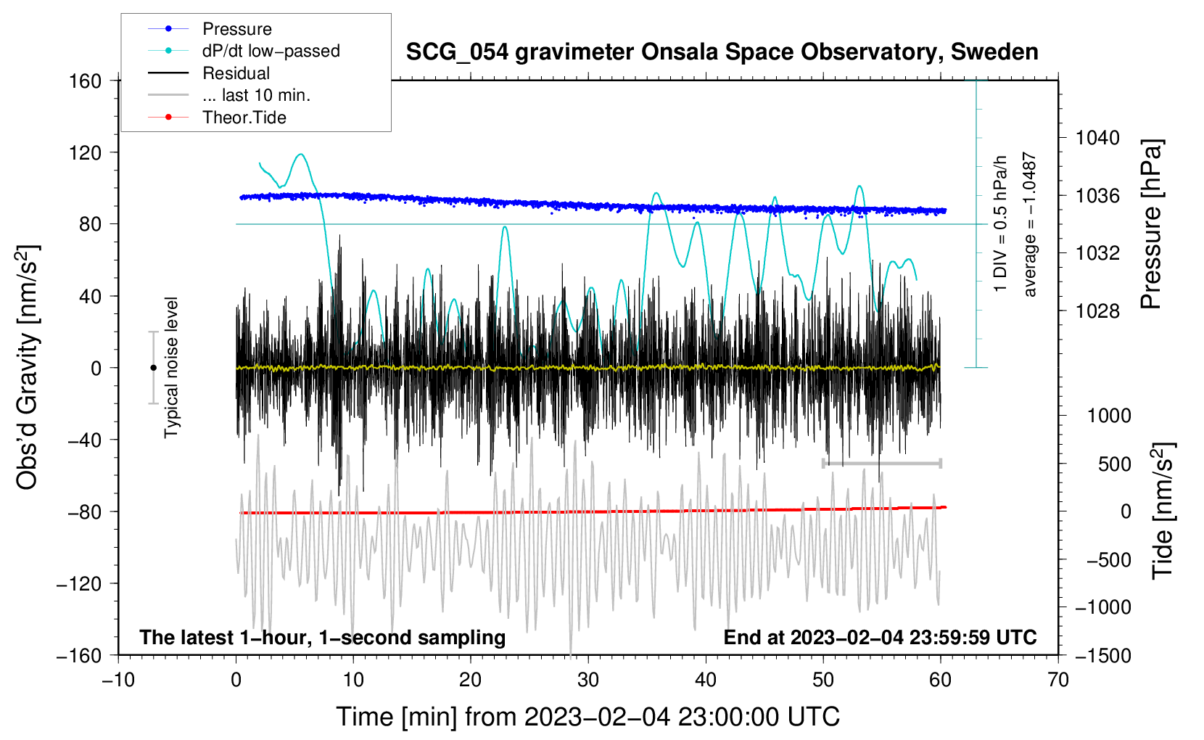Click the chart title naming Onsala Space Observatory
coord(722,52)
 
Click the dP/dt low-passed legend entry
coord(271,51)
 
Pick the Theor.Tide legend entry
coord(244,118)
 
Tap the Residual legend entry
coord(236,73)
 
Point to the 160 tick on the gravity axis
coord(86,81)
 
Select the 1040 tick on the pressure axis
coord(1097,138)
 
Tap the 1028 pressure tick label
coord(1097,311)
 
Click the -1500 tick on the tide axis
coord(1102,656)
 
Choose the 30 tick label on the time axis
coord(588,681)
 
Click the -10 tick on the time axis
coord(118,681)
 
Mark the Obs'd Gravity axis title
coord(28,368)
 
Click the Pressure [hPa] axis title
coord(1151,225)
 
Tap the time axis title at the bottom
coord(588,717)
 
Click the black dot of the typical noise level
coord(153,368)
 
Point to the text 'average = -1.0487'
coord(1030,225)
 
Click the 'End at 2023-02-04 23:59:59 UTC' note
coord(880,638)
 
